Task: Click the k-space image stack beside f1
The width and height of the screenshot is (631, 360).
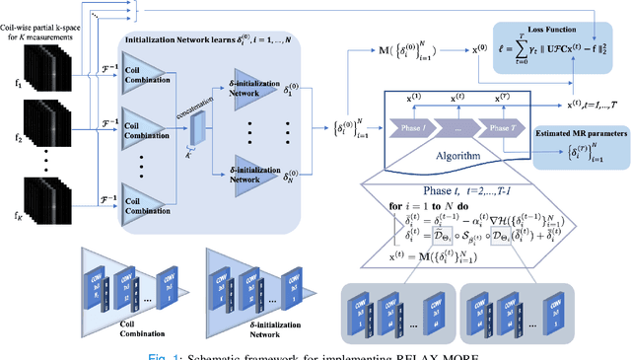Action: pos(44,75)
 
